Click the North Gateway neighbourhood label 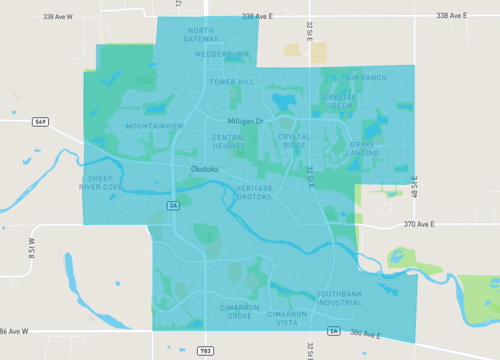tap(201, 35)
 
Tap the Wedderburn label tap(222, 54)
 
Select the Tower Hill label tap(231, 81)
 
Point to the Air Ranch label tap(365, 77)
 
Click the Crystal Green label tap(339, 101)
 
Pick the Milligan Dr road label tap(244, 121)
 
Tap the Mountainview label tap(155, 126)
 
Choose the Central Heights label tap(229, 141)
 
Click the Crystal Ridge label tap(294, 141)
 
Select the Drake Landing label tap(362, 149)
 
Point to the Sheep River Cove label tap(101, 182)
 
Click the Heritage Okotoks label tap(254, 193)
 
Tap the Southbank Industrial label tap(339, 297)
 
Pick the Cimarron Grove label tap(239, 312)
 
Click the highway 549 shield tap(41, 122)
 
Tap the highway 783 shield tap(206, 351)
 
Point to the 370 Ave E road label tap(409, 225)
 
